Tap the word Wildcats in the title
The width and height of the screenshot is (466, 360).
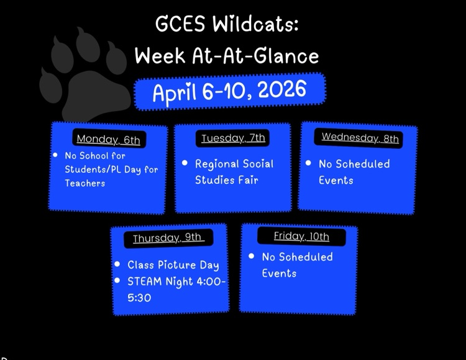coord(255,25)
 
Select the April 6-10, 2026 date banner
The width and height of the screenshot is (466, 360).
coord(229,91)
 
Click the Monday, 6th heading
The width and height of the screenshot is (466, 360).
coord(108,140)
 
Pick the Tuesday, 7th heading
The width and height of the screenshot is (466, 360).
coord(233,138)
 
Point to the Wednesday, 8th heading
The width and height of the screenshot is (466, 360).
coord(360,138)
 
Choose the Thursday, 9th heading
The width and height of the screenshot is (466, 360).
coord(168,238)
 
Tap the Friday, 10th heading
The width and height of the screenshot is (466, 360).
coord(301,236)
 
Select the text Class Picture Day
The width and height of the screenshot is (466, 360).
coord(173,265)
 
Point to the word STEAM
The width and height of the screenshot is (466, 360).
coord(144,281)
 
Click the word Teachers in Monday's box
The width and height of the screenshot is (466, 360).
coord(85,184)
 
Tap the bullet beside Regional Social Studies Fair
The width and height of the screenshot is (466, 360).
coord(185,163)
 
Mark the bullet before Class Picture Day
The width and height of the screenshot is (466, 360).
coord(117,264)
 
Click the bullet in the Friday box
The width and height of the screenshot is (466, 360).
coord(251,256)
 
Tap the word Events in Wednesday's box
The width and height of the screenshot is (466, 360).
coord(336,181)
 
